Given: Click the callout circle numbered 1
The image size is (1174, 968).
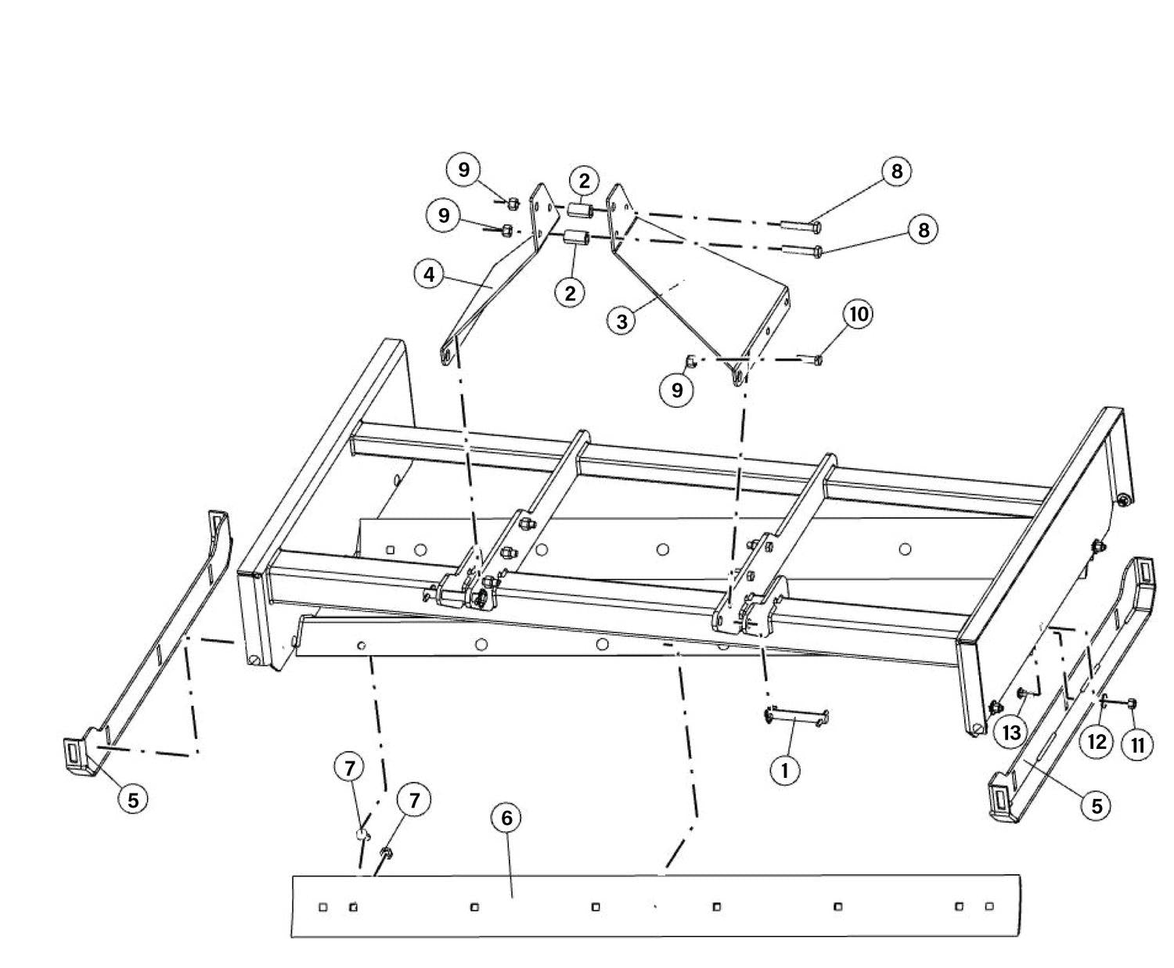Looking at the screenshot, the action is tap(784, 770).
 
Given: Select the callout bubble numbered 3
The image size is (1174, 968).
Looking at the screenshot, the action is tap(622, 322).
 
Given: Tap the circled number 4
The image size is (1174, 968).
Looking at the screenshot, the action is tap(430, 275).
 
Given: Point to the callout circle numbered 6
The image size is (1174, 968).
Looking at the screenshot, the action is tap(506, 818).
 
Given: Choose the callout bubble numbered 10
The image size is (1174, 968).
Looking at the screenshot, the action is tap(859, 315).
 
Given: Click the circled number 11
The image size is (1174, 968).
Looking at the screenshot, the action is tap(1137, 746).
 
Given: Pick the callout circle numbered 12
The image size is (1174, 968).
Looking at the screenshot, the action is tap(1097, 742).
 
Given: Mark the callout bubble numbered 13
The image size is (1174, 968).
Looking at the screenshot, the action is tap(1011, 732).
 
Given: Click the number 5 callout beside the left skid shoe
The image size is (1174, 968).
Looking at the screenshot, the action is tap(133, 800).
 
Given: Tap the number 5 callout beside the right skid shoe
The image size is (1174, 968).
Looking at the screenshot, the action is tap(1097, 806).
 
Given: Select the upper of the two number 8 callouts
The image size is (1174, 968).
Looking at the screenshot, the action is tap(896, 171).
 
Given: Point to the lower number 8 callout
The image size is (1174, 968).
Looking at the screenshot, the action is tap(924, 230).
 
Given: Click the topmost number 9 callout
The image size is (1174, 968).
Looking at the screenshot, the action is tap(464, 169).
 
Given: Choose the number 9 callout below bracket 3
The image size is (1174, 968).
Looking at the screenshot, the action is tap(677, 390).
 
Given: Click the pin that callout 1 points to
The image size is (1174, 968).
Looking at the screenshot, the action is tap(796, 717).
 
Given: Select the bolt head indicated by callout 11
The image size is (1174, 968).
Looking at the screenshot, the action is tap(1133, 703).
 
